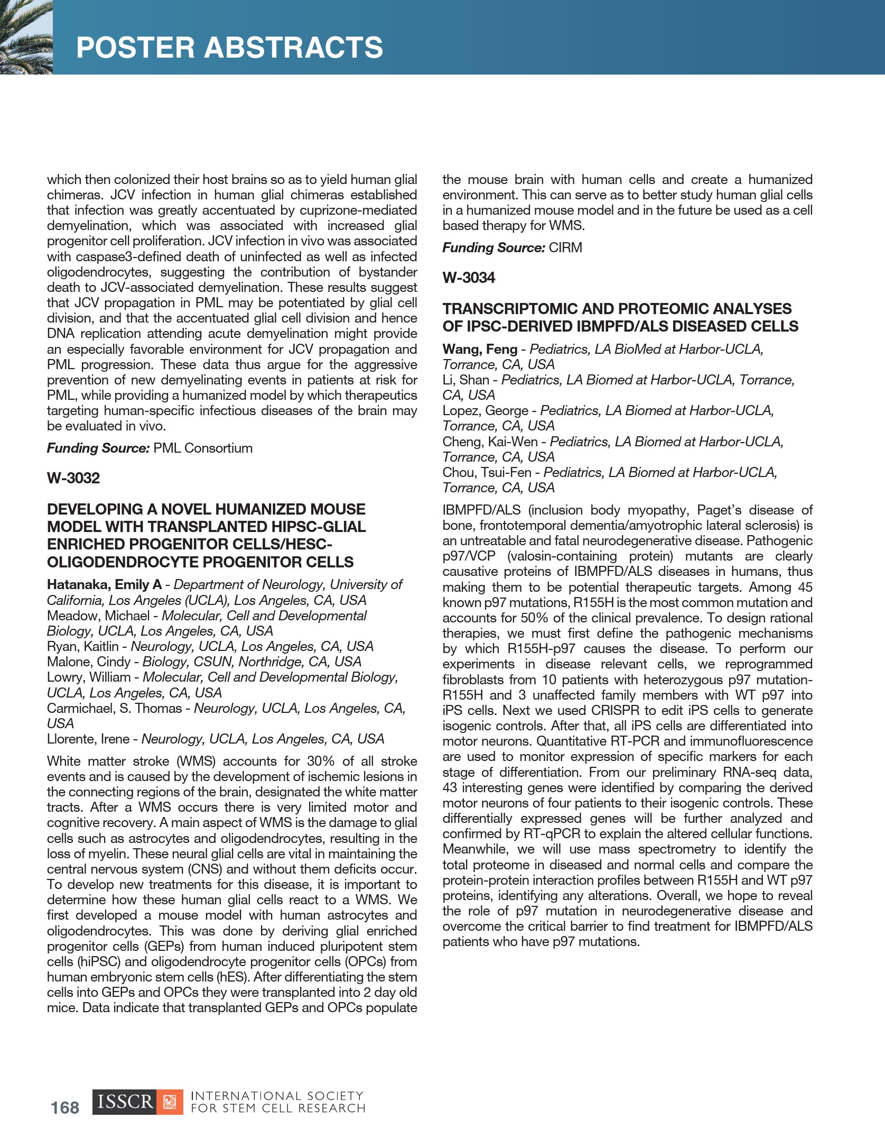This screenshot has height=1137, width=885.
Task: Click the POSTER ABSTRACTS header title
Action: (229, 47)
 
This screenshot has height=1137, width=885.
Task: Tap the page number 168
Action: (65, 1107)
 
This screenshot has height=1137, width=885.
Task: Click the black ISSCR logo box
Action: (125, 1102)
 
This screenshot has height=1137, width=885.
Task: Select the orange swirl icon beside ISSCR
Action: (170, 1102)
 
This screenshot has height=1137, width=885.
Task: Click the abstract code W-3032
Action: (73, 478)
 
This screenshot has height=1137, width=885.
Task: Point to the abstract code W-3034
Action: (469, 278)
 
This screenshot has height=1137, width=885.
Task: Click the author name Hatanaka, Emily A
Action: (104, 584)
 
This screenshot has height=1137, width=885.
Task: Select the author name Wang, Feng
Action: (480, 349)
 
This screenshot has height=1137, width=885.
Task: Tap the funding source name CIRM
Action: (565, 247)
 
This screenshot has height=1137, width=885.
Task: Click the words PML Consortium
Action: (203, 448)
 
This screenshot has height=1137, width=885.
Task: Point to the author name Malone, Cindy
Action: (88, 662)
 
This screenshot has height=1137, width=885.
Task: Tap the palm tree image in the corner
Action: (26, 37)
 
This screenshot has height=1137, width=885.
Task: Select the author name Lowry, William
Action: (89, 677)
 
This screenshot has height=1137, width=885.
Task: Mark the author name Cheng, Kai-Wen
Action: (490, 442)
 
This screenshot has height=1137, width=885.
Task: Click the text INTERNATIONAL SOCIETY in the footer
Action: (277, 1096)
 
